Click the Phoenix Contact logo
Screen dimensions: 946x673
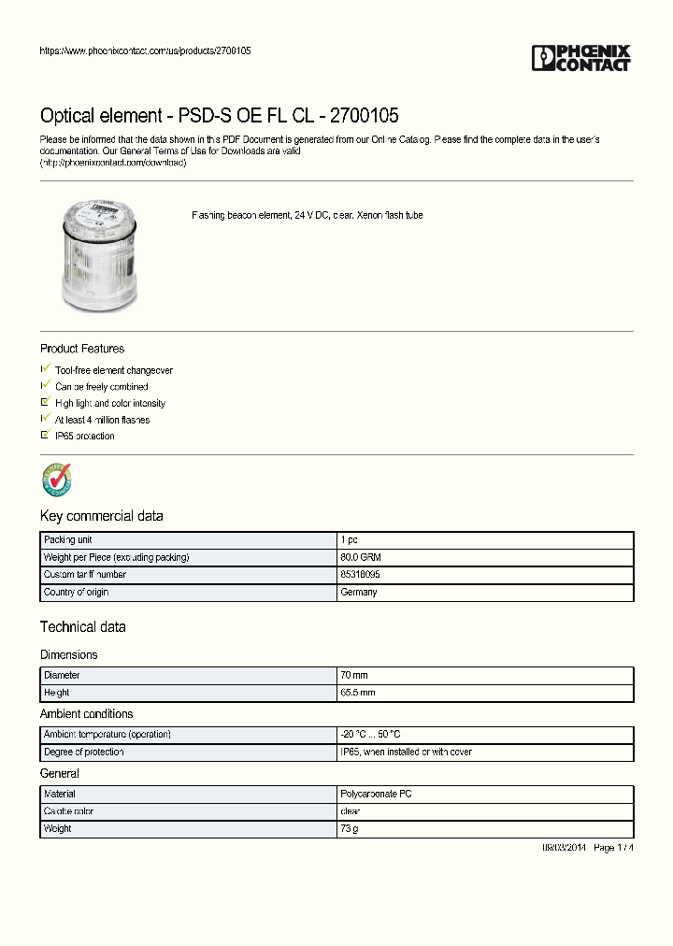(x=581, y=58)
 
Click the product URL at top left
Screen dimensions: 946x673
(x=145, y=50)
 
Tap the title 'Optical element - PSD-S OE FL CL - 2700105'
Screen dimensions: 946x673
(x=219, y=116)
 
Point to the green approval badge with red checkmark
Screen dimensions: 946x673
(x=57, y=480)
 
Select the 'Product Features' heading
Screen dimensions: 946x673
(x=82, y=349)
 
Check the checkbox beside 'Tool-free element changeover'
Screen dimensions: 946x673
(x=45, y=369)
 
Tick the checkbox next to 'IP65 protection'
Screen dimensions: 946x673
(x=45, y=436)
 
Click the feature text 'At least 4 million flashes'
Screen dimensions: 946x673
(x=102, y=420)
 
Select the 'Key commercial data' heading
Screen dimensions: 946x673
(x=101, y=516)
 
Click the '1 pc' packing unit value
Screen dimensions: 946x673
(x=350, y=540)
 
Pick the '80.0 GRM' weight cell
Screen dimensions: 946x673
(x=360, y=557)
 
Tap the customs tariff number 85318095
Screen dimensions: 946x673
(x=360, y=575)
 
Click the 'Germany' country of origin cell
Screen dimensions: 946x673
(x=359, y=593)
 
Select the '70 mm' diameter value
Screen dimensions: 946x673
(x=354, y=675)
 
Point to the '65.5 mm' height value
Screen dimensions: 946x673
(x=358, y=693)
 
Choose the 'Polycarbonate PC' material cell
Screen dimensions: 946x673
(x=376, y=794)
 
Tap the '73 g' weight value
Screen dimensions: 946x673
(x=350, y=829)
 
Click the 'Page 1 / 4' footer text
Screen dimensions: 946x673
(x=614, y=847)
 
